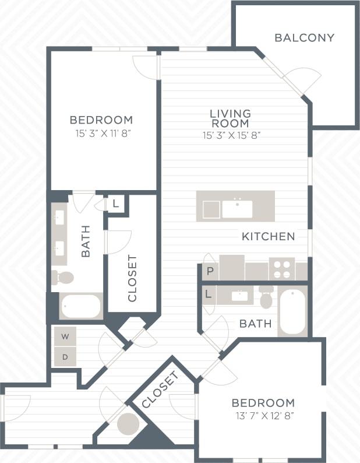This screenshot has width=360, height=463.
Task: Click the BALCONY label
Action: tap(304, 38)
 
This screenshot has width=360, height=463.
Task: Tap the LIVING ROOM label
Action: tap(231, 118)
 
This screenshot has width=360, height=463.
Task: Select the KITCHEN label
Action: tap(269, 237)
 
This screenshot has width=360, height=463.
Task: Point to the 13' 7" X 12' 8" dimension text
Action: tap(263, 416)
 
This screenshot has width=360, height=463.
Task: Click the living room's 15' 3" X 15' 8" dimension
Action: tap(231, 136)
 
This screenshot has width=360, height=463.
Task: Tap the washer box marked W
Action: tap(65, 336)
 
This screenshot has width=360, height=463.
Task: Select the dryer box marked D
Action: tap(65, 356)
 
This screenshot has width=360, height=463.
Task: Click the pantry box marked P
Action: tap(210, 272)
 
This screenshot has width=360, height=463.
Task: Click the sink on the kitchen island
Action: tap(237, 209)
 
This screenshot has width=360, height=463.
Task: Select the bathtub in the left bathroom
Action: tap(81, 306)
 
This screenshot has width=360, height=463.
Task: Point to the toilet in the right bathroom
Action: tap(266, 299)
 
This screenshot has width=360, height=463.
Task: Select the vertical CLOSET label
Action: tap(132, 278)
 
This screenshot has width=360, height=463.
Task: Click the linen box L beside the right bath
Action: tap(208, 295)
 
